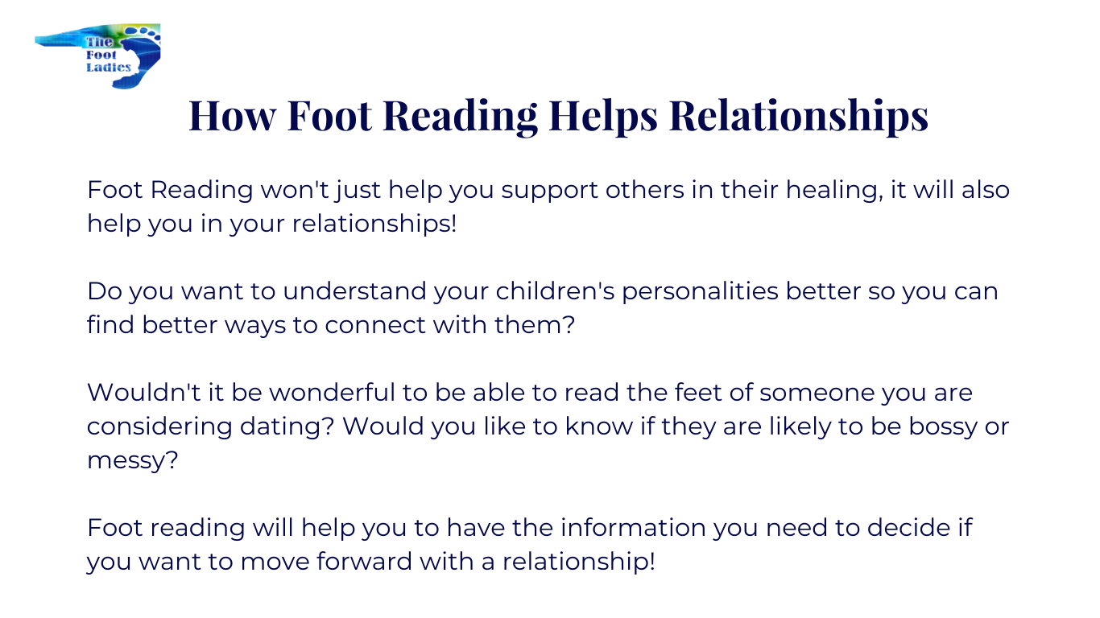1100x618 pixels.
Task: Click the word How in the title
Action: (232, 116)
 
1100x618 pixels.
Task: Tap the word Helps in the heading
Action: (603, 117)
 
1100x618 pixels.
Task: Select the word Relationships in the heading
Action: (799, 117)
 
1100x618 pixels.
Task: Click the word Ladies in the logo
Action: (109, 68)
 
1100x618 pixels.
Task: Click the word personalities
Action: (700, 292)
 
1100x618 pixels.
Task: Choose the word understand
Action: (354, 291)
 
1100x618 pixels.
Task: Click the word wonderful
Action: (332, 393)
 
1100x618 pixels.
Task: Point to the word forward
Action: (364, 562)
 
